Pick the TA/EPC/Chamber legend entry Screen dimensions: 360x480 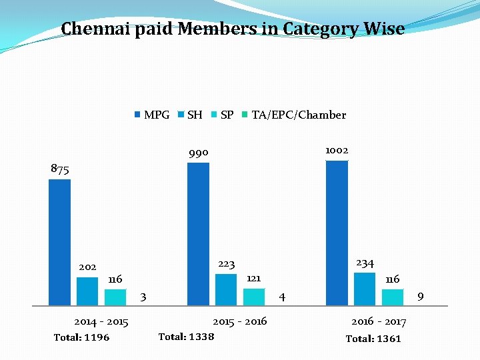pyautogui.click(x=293, y=115)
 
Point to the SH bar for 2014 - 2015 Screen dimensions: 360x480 pyautogui.click(x=87, y=290)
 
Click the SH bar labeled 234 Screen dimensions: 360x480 pyautogui.click(x=365, y=288)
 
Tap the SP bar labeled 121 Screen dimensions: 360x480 pyautogui.click(x=254, y=296)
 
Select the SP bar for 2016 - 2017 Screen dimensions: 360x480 pyautogui.click(x=393, y=297)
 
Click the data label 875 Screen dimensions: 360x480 pyautogui.click(x=60, y=169)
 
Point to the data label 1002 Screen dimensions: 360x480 pyautogui.click(x=337, y=150)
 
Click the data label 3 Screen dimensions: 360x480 pyautogui.click(x=143, y=296)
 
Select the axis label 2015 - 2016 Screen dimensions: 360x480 pyautogui.click(x=239, y=321)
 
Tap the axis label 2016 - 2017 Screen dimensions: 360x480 pyautogui.click(x=379, y=322)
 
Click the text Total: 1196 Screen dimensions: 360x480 pyautogui.click(x=81, y=337)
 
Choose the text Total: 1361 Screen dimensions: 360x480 pyautogui.click(x=373, y=339)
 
